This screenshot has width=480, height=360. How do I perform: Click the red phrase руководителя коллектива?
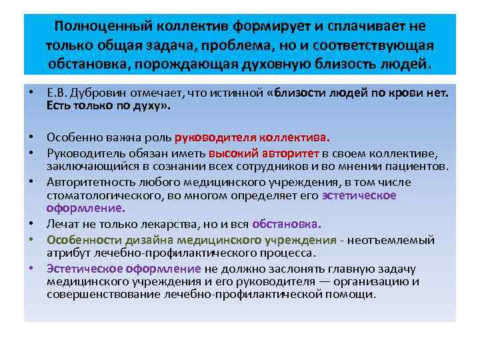pyautogui.click(x=251, y=138)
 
